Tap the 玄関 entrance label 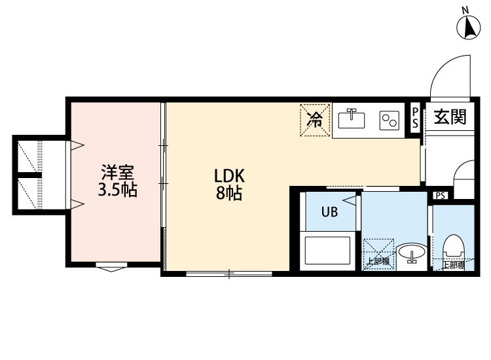(450, 117)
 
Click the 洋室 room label (117, 172)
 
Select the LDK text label (229, 176)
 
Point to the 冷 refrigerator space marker (315, 120)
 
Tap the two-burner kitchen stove (390, 120)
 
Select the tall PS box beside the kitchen (415, 118)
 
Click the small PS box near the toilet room (441, 196)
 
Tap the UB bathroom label (329, 212)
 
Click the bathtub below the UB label (327, 251)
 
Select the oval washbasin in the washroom (411, 251)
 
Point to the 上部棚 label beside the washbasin (378, 261)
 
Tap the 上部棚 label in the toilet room (453, 265)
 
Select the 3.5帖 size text (117, 190)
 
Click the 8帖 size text (229, 193)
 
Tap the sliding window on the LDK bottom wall (229, 274)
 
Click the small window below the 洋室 (112, 266)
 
